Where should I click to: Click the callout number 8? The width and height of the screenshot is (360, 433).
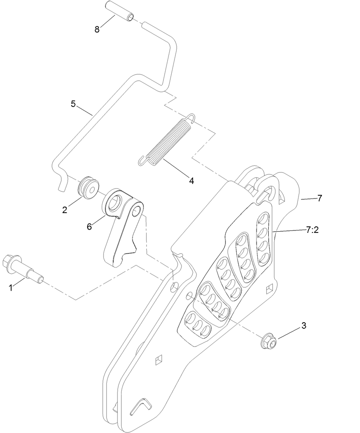(97, 30)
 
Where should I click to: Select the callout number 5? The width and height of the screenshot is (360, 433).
(73, 104)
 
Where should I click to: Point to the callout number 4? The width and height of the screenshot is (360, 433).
(192, 181)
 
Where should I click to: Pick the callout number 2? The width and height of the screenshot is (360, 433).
(65, 210)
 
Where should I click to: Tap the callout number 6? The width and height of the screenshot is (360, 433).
(89, 226)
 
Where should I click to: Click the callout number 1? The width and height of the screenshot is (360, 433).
(11, 287)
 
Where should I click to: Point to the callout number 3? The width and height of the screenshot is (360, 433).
(304, 325)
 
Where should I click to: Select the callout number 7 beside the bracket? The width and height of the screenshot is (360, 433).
(320, 198)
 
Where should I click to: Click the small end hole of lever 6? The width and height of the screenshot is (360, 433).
(137, 211)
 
